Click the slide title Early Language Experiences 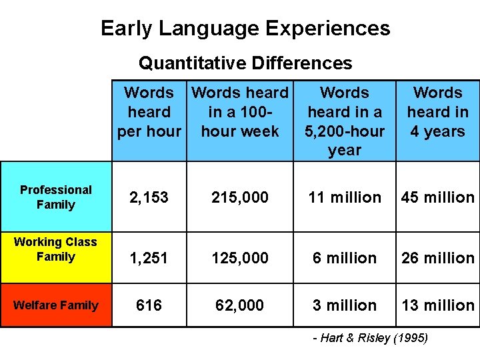point(245,28)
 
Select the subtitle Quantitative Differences point(245,63)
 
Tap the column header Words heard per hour point(149,112)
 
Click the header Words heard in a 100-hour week point(240,112)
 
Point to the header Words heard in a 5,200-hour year point(345,121)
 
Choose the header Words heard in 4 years point(437,112)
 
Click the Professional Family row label point(56,197)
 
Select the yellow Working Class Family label point(56,249)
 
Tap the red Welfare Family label point(56,305)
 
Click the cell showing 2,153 point(149,197)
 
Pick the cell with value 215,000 point(240,197)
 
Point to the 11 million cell point(345,197)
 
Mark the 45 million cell point(437,197)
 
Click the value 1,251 point(149,257)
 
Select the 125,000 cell point(240,257)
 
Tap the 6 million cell point(345,257)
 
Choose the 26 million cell point(437,257)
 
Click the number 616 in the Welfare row point(149,305)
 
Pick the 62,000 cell point(240,305)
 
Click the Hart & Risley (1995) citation point(371,339)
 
